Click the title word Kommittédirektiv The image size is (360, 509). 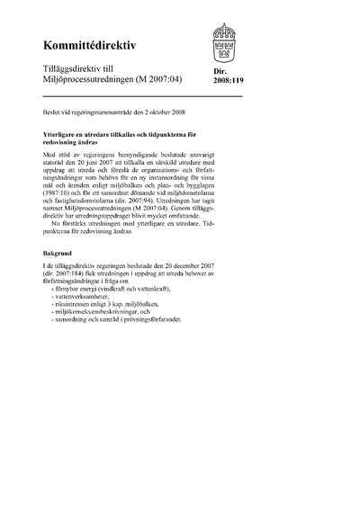click(x=87, y=45)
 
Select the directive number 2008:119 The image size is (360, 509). click(x=228, y=80)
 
